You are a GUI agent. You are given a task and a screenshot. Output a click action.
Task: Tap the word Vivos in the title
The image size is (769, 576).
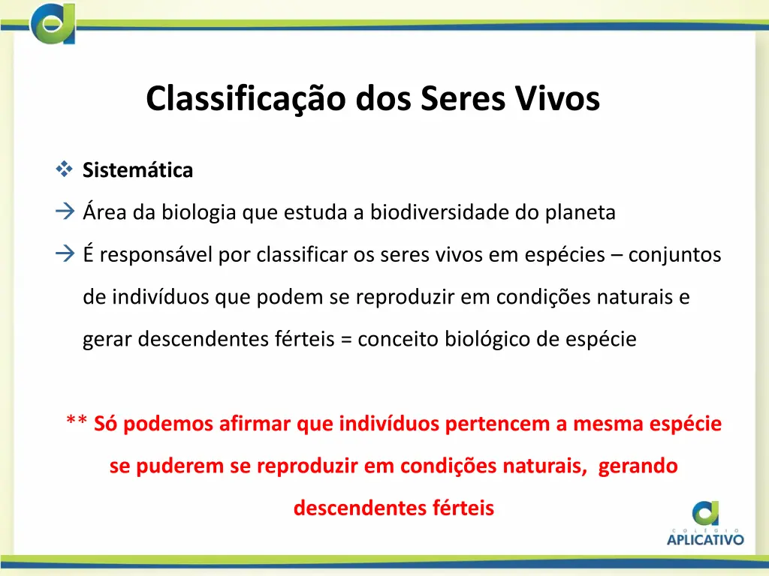pyautogui.click(x=557, y=99)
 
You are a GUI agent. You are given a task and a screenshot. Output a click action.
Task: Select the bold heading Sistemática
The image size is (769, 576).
pyautogui.click(x=137, y=171)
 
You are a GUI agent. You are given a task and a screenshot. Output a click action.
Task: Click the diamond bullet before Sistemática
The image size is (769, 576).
pyautogui.click(x=63, y=170)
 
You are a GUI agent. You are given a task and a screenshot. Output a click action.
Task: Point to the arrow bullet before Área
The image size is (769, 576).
pyautogui.click(x=64, y=213)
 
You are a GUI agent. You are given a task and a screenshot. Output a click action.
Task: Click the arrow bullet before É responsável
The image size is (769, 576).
pyautogui.click(x=64, y=255)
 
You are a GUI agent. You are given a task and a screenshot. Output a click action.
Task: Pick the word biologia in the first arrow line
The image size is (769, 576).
pyautogui.click(x=196, y=213)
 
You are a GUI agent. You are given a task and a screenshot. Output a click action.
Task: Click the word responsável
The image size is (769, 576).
pyautogui.click(x=157, y=256)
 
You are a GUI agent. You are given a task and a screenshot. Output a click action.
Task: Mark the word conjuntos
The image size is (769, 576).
pyautogui.click(x=674, y=256)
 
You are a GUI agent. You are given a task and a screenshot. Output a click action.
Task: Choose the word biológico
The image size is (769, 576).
pyautogui.click(x=487, y=340)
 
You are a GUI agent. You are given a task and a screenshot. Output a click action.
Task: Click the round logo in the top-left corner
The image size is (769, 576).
pyautogui.click(x=53, y=22)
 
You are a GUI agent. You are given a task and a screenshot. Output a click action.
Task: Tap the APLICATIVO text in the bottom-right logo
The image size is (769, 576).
pyautogui.click(x=705, y=538)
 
